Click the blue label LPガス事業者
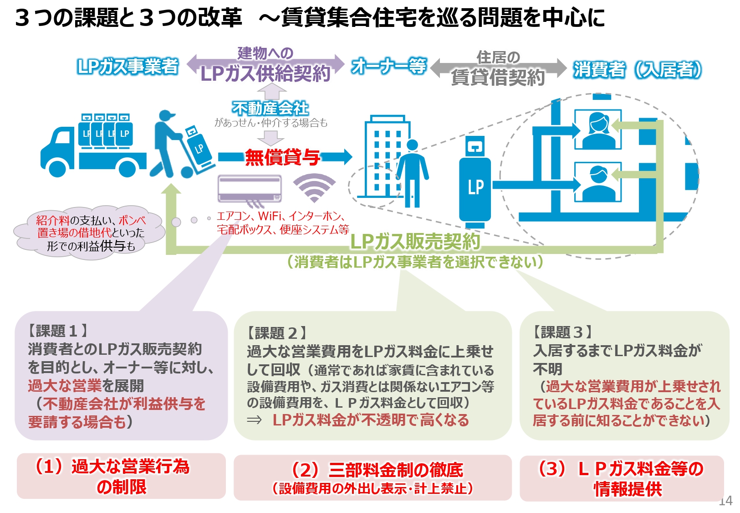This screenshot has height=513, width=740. point(128,67)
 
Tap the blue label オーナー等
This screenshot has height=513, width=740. point(389,66)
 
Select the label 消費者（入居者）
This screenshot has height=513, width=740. point(637,70)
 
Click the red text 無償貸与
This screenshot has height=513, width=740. point(283,157)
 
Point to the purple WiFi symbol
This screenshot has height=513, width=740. point(314,187)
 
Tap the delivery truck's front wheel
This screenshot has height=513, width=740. point(57,168)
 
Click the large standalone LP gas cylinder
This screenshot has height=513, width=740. point(475,182)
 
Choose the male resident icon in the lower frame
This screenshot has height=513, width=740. point(598,182)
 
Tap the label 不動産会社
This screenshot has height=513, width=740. point(270,109)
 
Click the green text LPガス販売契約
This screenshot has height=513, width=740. point(415,241)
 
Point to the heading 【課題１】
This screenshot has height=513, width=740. point(57,330)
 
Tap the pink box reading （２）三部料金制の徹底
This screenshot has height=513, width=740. point(373,477)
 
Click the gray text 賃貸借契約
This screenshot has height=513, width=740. point(498,78)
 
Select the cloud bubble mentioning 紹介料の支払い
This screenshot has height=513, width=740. point(89,233)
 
